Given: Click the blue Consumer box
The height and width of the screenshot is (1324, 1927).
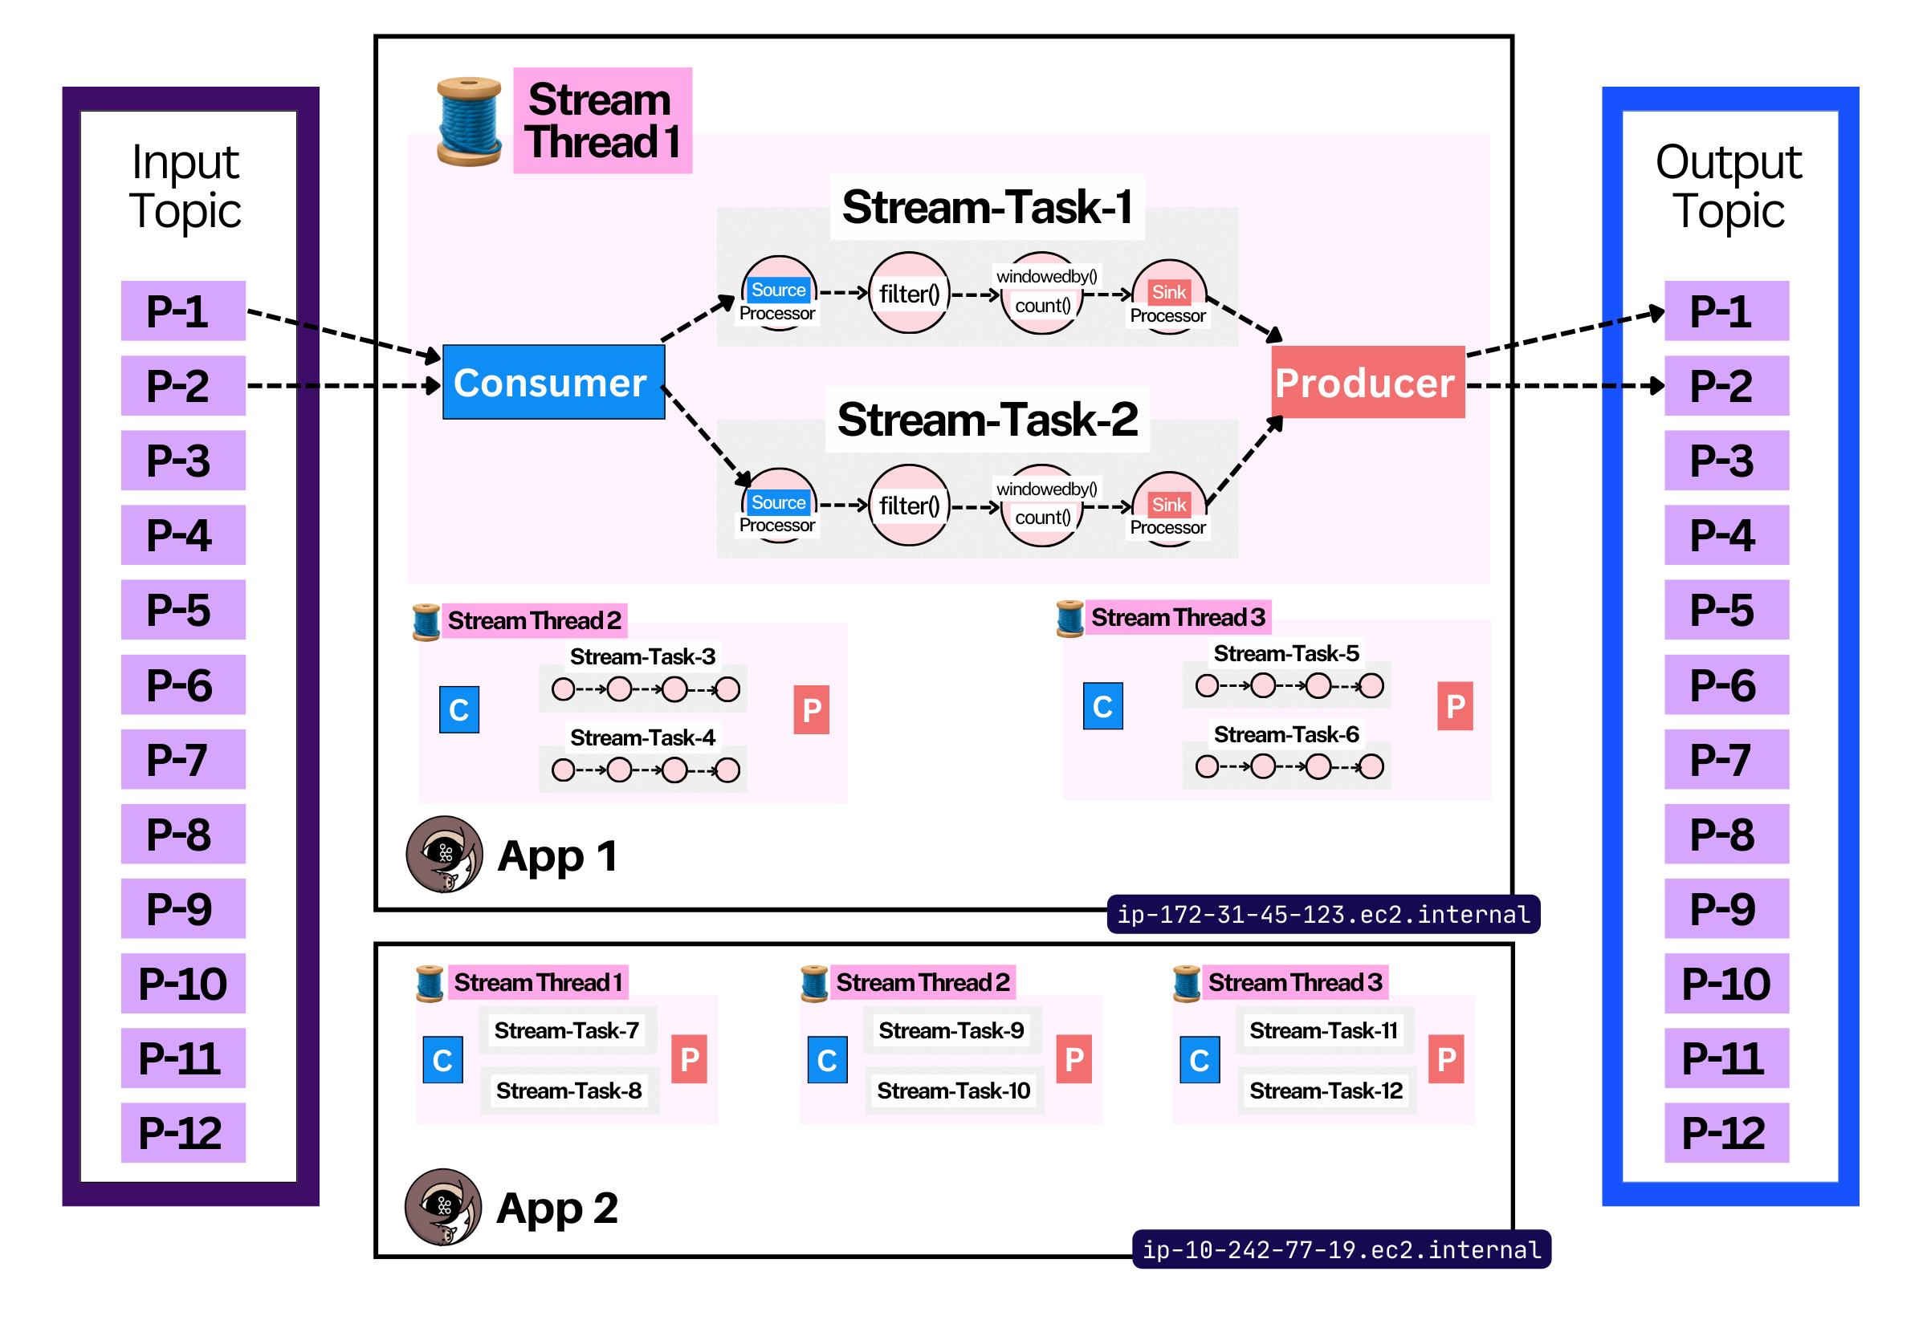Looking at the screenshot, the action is coord(553,383).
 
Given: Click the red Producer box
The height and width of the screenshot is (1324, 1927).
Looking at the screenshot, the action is coord(1367,383).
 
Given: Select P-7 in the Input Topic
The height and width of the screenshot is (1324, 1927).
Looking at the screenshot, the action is coord(183,759).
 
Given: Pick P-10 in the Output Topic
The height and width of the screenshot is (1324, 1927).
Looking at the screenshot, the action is coord(1726,983).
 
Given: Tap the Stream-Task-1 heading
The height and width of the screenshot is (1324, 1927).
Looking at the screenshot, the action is coord(988,206).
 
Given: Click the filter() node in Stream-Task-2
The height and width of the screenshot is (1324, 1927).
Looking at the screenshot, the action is coord(909,506).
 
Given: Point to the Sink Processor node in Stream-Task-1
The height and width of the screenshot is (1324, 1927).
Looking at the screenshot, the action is coord(1168,297).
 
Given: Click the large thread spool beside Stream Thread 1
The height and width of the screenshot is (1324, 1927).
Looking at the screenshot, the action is coord(469,121).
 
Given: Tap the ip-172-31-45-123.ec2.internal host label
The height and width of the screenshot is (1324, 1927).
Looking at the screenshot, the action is coord(1324,914).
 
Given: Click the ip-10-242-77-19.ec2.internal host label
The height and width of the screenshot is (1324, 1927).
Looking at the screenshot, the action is coord(1341,1249).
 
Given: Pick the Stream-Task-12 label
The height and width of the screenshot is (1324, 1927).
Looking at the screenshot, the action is coord(1326,1090).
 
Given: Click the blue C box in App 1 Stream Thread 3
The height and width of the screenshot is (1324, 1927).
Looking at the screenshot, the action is coord(1103,706).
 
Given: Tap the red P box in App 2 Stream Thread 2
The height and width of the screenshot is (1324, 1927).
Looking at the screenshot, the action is coord(1073,1059).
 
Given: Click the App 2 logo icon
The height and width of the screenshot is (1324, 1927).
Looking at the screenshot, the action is coord(443,1207).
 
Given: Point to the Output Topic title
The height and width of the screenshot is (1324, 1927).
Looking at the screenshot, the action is coord(1729,186).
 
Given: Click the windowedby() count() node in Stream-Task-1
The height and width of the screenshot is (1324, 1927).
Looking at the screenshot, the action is coord(1043,293).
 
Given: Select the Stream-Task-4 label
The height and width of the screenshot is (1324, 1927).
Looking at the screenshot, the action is coord(642,737).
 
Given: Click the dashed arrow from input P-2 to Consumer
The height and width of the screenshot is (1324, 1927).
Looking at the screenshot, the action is coord(344,386).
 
